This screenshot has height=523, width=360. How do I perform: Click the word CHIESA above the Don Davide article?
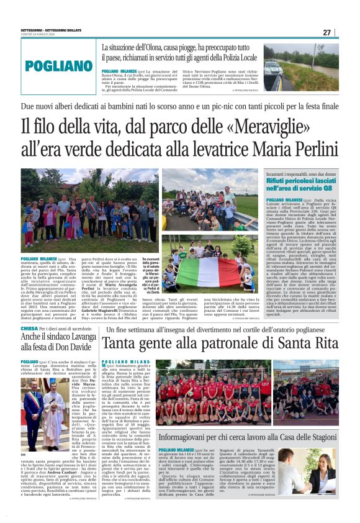tap(29, 328)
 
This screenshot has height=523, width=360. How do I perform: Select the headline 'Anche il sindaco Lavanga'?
tap(57, 338)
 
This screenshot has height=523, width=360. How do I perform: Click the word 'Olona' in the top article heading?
tap(161, 47)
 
